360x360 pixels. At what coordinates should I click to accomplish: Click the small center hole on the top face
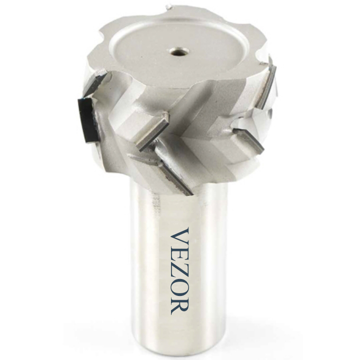pyautogui.click(x=180, y=51)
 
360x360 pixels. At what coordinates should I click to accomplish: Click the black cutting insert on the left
pyautogui.click(x=88, y=120)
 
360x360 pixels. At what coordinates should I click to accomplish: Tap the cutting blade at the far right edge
pyautogui.click(x=267, y=87)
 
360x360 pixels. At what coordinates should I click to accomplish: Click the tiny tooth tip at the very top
pyautogui.click(x=169, y=7)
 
